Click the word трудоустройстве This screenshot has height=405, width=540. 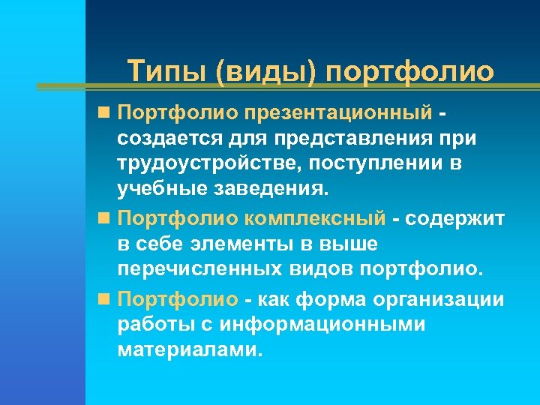207,164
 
